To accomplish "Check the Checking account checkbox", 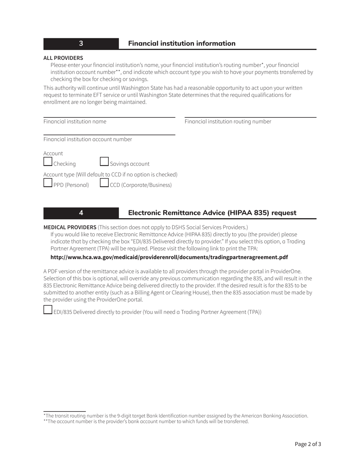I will (48, 162).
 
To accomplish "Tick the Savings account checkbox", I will (104, 162).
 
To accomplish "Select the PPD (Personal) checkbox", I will (48, 183).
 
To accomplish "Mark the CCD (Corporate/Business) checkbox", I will (104, 183).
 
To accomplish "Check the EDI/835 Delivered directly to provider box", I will (48, 310).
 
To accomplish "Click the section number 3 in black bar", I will (81, 44).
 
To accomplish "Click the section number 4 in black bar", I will (81, 213).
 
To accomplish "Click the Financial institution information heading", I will (182, 44).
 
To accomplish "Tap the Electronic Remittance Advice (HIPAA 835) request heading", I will (212, 213).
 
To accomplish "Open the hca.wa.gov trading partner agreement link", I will (169, 257).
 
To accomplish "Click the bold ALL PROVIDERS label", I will (63, 58).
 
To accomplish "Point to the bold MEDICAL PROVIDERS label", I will (70, 227).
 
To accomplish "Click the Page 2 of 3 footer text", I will (308, 444).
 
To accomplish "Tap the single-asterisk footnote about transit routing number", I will (176, 416).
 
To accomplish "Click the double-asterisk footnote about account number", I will (146, 421).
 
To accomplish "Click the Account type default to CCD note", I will (110, 175).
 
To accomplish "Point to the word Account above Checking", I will (53, 153).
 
